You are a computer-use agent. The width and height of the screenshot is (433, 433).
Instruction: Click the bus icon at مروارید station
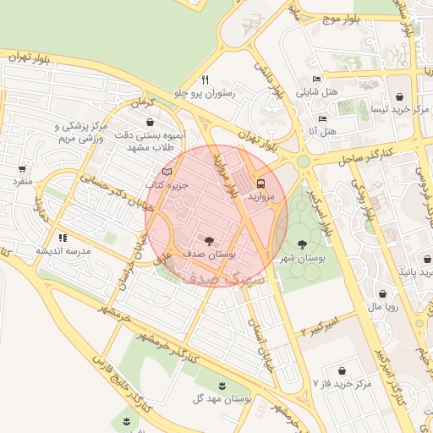tap(260, 182)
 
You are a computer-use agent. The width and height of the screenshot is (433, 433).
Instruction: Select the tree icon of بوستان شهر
tap(302, 244)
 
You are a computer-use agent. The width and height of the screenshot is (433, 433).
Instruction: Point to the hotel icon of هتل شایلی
tap(316, 79)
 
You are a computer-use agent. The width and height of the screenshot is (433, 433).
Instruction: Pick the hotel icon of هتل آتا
tap(322, 118)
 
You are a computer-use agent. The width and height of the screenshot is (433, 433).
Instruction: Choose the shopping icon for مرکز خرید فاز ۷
tap(343, 370)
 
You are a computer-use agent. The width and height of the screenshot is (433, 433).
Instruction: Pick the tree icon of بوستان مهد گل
tap(222, 385)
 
